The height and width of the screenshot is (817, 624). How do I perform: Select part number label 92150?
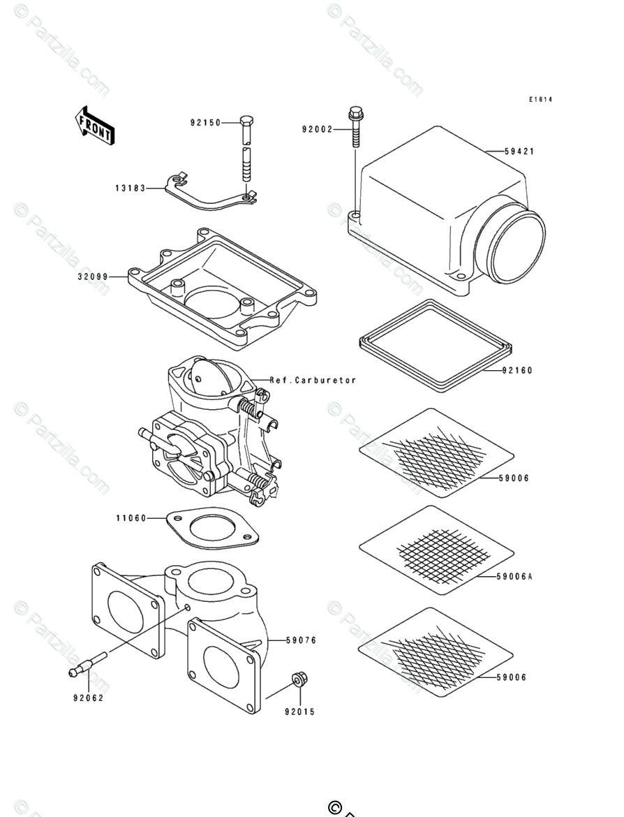tap(205, 123)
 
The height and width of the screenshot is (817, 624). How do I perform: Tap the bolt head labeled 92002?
tap(355, 112)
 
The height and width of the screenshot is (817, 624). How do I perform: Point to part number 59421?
tap(519, 151)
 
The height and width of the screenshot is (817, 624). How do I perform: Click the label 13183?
tap(131, 188)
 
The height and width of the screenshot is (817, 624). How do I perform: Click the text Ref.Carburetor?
tap(313, 381)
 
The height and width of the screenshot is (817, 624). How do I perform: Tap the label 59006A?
tap(515, 577)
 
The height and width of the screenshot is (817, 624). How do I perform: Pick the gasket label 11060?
tap(131, 518)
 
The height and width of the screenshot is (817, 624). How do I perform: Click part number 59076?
tap(302, 640)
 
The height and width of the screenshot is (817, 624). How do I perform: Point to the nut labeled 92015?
tap(299, 679)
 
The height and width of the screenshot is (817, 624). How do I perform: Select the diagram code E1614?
tap(540, 100)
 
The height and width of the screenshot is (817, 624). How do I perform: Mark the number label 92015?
tap(299, 712)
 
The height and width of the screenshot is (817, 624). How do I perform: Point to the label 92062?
tap(88, 698)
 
